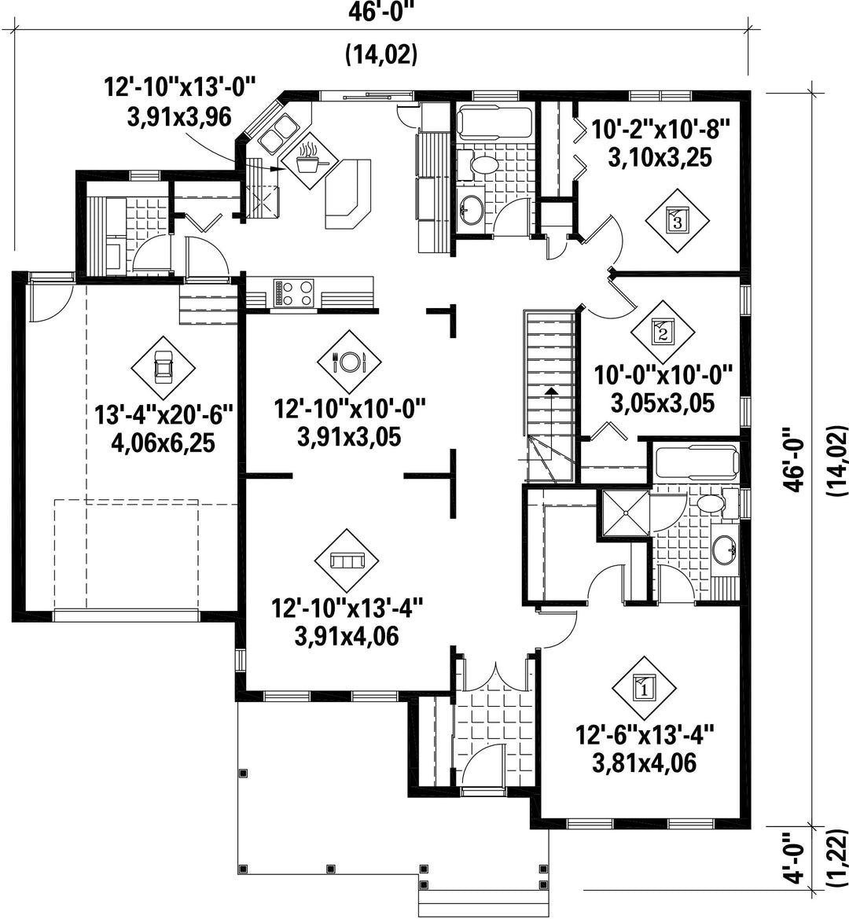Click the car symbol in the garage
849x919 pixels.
163,368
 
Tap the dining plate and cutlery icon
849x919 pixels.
349,362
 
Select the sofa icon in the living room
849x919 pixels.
347,561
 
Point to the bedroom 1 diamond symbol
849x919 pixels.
645,688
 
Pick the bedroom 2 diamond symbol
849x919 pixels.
663,333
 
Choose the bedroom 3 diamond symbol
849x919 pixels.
677,220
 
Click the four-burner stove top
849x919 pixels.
293,292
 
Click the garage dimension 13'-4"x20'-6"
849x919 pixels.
164,415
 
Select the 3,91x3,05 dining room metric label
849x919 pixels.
349,436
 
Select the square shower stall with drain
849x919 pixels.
626,513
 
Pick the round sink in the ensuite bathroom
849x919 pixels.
725,550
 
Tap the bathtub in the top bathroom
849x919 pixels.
494,123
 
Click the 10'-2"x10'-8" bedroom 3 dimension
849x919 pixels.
660,129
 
